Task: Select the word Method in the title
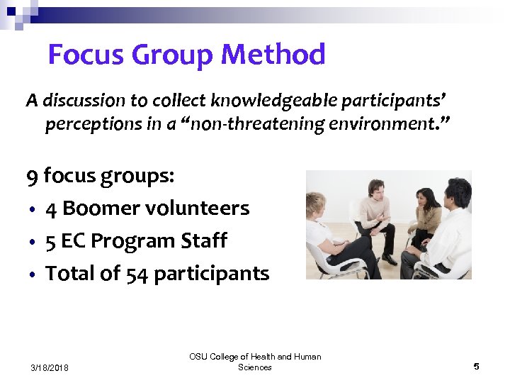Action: click(x=273, y=55)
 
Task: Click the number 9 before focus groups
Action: click(x=32, y=175)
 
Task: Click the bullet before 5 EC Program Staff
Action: click(x=33, y=242)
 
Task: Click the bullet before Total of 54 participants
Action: click(x=33, y=274)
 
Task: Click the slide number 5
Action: click(x=476, y=366)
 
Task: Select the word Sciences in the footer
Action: click(x=255, y=367)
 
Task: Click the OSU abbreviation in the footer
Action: click(x=198, y=357)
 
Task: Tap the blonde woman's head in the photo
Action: click(x=316, y=206)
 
